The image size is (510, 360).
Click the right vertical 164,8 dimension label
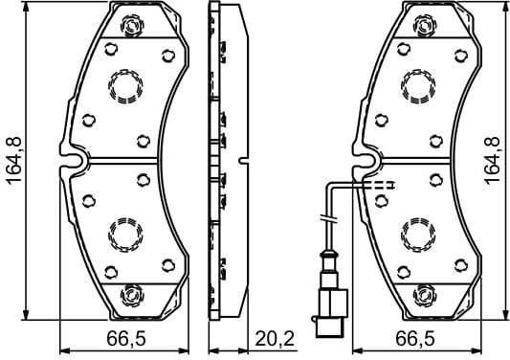click(493, 158)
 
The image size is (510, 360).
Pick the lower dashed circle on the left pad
click(125, 233)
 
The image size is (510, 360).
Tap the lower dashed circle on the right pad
click(418, 233)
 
